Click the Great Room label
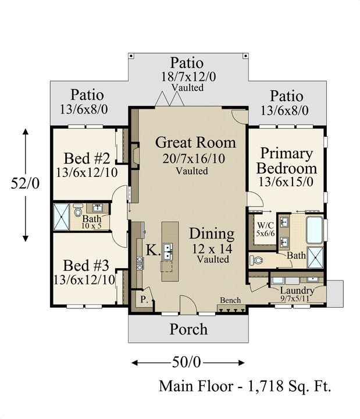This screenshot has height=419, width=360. [x=195, y=143]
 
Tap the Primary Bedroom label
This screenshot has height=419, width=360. [x=287, y=161]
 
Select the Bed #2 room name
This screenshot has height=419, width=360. [x=87, y=158]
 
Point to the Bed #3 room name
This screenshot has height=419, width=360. [x=86, y=265]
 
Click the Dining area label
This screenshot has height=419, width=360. [x=212, y=233]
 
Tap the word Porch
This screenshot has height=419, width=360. [x=188, y=329]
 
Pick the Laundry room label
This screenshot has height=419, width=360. [x=297, y=290]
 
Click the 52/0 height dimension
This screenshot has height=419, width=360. [x=25, y=183]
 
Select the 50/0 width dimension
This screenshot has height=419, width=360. [x=186, y=363]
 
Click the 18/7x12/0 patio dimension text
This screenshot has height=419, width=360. [x=188, y=77]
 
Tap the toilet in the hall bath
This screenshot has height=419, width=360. [x=78, y=210]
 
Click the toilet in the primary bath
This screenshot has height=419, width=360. [x=256, y=260]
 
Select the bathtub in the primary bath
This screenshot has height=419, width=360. [x=315, y=230]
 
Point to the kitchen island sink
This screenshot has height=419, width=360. [x=168, y=251]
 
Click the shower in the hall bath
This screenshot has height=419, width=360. [x=61, y=216]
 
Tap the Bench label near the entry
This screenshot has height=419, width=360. [x=230, y=300]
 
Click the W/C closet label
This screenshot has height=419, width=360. [x=265, y=229]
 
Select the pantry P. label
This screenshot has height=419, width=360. [x=144, y=299]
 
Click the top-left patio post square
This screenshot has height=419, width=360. [x=131, y=56]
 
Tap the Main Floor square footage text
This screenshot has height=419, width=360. [x=245, y=386]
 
